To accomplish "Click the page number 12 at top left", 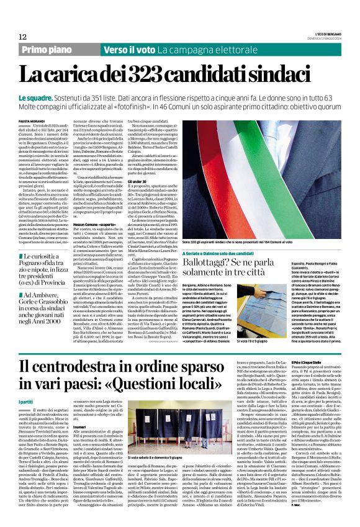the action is pyautogui.click(x=23, y=37).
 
